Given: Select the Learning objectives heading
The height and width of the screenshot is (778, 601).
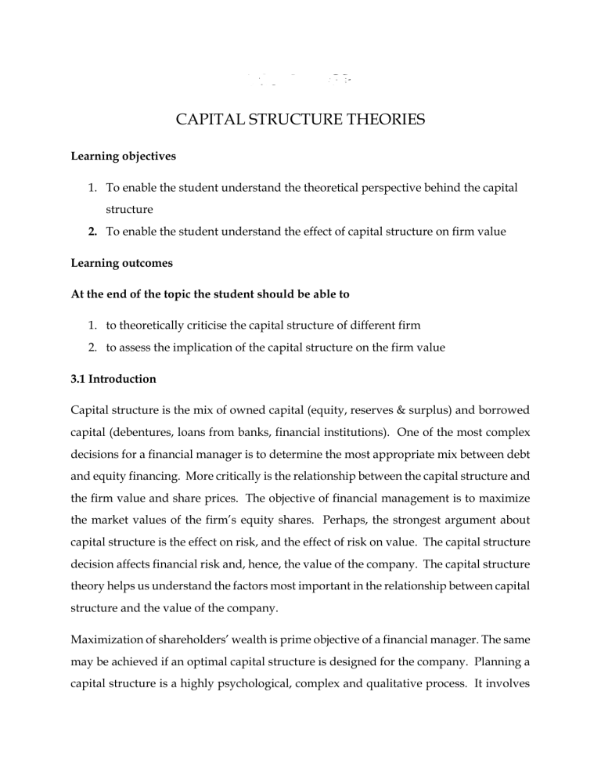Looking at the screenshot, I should (121, 157).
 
